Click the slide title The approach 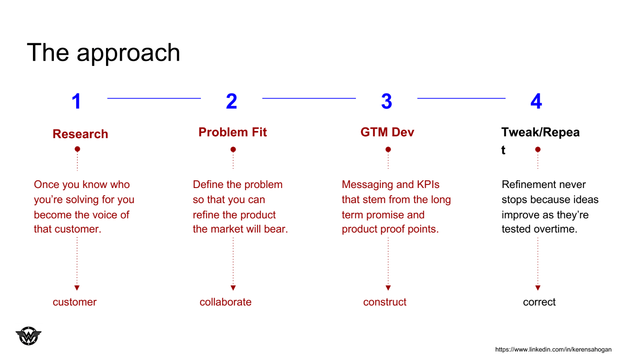coord(103,53)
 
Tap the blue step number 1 coord(77,101)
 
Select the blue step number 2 coord(232,101)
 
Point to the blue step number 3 coord(387,101)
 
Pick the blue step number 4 coord(536,101)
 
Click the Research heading coord(81,134)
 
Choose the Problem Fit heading coord(233,132)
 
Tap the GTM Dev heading coord(387,132)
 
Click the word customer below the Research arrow coord(74,302)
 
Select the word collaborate coord(225,302)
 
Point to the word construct coord(385,302)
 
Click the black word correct coord(539,302)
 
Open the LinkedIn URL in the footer coord(553,349)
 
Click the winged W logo coord(29,336)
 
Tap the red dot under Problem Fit coord(233,149)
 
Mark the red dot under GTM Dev coord(388,149)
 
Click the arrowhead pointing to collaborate coord(233,288)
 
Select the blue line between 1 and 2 coord(154,98)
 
